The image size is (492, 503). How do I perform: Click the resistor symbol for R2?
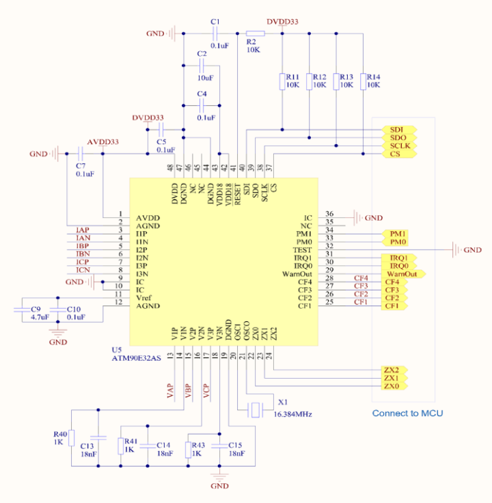pos(256,33)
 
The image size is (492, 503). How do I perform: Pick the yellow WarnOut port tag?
pos(405,274)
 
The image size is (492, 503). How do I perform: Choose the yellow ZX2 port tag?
pos(394,370)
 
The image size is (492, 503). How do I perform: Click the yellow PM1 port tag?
pos(397,234)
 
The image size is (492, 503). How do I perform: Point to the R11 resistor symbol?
pos(282,82)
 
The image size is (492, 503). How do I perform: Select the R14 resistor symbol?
pos(363,82)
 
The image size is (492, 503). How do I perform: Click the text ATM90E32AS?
pos(137,357)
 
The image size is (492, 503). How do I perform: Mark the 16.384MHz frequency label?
pos(293,414)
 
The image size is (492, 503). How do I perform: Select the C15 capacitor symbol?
pos(219,446)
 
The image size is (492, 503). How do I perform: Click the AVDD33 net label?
pos(102,142)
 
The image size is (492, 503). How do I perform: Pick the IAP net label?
pos(83,230)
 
